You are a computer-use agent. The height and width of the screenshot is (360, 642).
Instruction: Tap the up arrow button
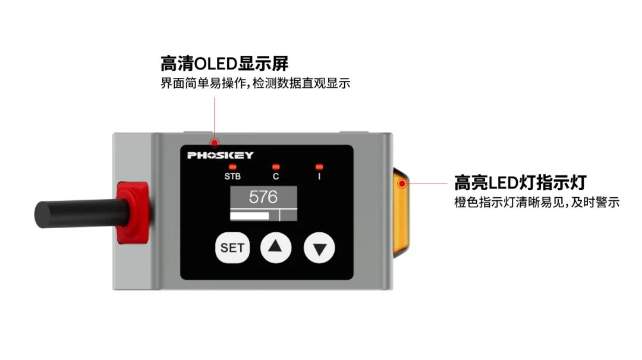click(276, 248)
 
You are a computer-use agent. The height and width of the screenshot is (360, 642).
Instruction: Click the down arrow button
click(319, 248)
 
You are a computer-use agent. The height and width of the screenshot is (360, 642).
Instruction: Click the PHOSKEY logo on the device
click(221, 156)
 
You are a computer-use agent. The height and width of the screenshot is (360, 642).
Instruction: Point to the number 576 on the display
click(263, 197)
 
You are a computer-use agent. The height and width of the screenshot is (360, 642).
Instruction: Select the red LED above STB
click(232, 167)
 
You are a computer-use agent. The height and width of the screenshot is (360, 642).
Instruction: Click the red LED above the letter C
click(275, 167)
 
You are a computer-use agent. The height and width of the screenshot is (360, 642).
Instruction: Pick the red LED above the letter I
click(319, 167)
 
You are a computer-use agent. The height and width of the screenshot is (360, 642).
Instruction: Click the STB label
click(232, 176)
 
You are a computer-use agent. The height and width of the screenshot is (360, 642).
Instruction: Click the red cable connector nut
click(133, 212)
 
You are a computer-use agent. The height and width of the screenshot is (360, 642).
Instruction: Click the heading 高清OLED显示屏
click(224, 63)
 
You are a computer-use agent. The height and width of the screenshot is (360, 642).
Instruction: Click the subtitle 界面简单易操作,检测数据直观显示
click(256, 83)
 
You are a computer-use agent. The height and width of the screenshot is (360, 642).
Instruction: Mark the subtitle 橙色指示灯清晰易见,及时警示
click(537, 203)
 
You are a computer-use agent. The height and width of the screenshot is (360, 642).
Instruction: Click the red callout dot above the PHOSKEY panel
click(215, 142)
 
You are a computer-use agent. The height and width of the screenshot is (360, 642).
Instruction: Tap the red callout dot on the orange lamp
click(402, 183)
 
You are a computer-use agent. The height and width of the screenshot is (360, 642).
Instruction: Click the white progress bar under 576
click(250, 215)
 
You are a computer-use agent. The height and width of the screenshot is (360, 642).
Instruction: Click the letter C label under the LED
click(276, 176)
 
